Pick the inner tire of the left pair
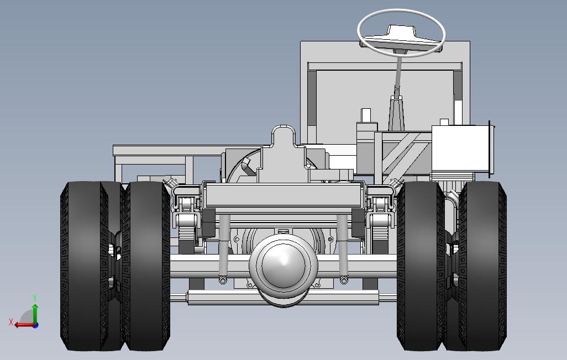pos(146,266)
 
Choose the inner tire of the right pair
pos(421,266)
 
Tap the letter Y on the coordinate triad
pos(35,298)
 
